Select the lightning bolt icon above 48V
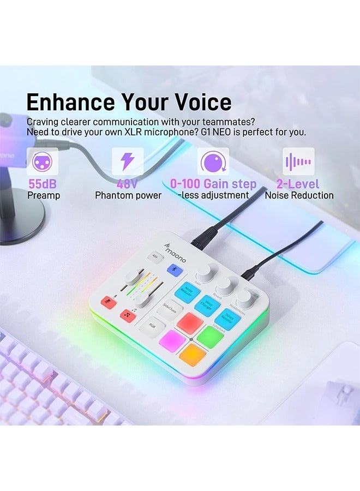tap(128, 161)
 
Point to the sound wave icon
tap(298, 161)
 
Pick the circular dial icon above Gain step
tap(213, 161)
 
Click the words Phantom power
tap(128, 195)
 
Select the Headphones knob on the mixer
tap(245, 298)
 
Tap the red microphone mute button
tap(109, 303)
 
